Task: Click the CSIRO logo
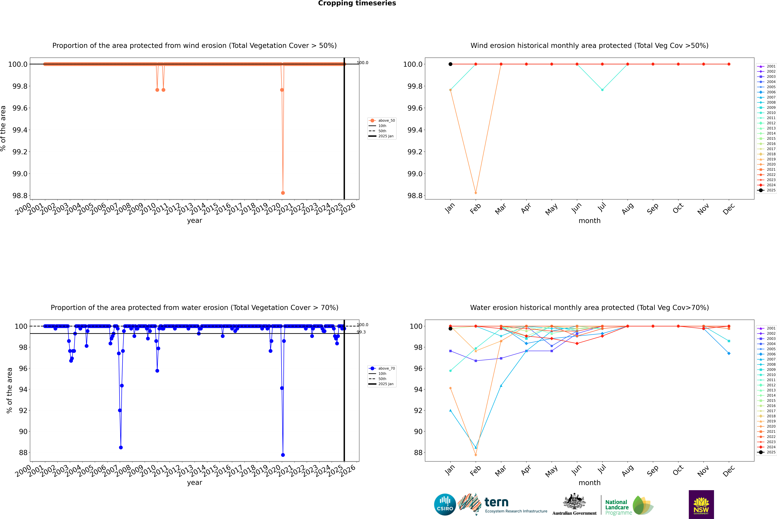tap(445, 504)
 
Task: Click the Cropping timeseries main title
tap(357, 3)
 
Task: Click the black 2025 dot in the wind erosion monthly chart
tap(450, 64)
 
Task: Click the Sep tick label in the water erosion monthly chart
tap(652, 470)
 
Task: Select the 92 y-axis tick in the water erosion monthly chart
tap(418, 410)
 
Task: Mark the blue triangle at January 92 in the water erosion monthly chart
tap(450, 410)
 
